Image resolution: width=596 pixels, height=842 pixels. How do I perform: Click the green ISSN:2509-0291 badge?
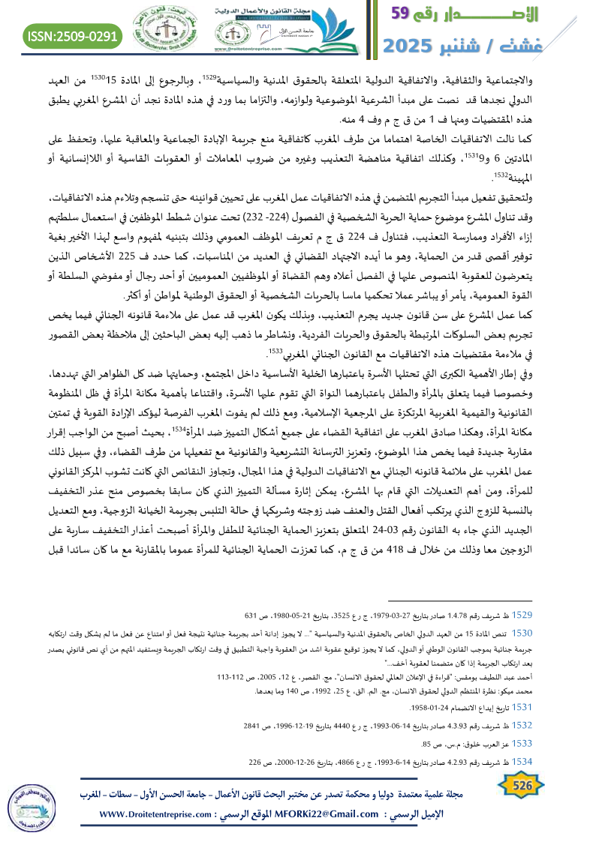tap(74, 34)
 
